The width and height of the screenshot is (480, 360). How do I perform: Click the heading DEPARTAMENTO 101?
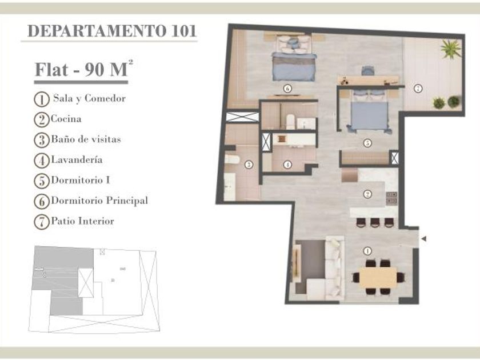point(112,31)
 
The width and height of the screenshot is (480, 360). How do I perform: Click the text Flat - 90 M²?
point(84,69)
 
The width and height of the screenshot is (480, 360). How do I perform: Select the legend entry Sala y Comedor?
point(89,98)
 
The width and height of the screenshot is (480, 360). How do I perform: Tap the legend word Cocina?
point(66,119)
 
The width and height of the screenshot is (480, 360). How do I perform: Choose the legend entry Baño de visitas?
point(86,139)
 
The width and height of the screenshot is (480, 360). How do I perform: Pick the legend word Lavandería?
point(77,159)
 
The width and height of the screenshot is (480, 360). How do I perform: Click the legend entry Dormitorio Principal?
point(99,201)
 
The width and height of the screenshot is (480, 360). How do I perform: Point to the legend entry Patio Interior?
point(83,221)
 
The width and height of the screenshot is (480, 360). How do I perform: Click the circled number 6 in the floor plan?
point(287,89)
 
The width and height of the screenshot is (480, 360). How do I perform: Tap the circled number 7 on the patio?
point(418,89)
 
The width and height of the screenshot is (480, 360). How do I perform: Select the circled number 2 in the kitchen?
point(367,194)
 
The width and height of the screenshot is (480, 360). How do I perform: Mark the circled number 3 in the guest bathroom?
point(249,165)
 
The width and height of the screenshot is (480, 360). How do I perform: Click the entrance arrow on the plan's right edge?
point(423,239)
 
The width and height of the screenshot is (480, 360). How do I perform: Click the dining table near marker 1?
point(378,277)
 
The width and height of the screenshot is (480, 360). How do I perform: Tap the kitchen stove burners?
point(391,198)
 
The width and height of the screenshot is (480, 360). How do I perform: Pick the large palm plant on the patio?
point(451,49)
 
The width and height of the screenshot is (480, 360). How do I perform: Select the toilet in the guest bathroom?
point(232,159)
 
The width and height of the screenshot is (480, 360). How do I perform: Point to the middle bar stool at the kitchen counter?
point(375,222)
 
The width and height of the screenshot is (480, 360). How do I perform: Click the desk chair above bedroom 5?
point(367,70)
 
